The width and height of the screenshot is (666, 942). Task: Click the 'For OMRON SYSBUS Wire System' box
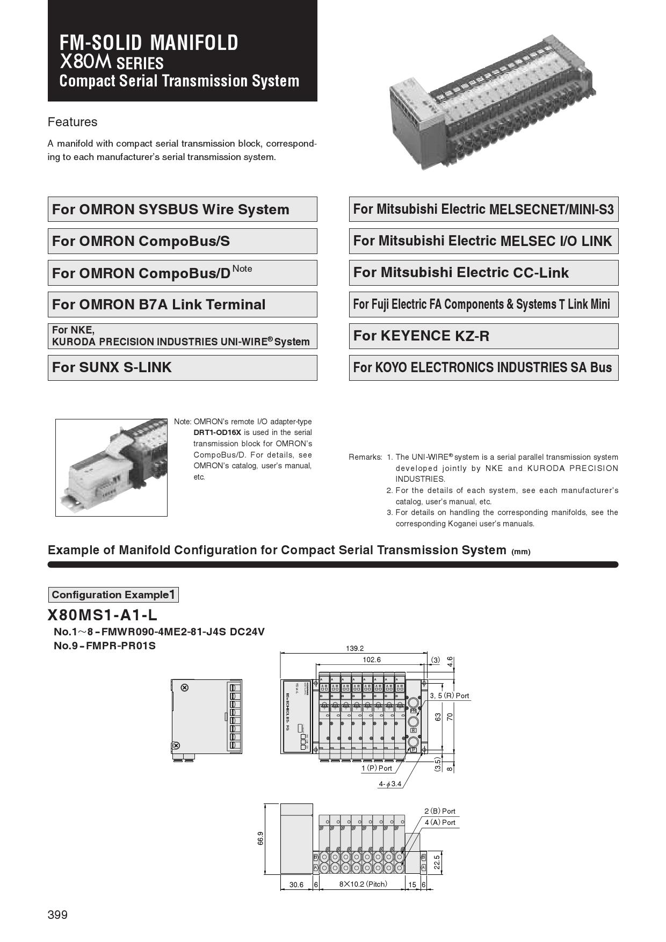tap(182, 209)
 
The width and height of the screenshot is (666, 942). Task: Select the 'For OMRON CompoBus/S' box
tap(182, 241)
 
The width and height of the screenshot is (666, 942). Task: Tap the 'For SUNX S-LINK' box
tap(182, 368)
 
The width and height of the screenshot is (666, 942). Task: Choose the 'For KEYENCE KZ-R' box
tap(483, 336)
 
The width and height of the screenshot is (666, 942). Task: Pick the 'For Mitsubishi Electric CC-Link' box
tap(483, 273)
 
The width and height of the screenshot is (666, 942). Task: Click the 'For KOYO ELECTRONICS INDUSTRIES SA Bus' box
tap(483, 368)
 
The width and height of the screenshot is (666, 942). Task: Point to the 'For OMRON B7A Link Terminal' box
tap(182, 305)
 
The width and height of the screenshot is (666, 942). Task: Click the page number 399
tap(57, 915)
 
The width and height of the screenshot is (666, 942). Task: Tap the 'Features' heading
tap(73, 122)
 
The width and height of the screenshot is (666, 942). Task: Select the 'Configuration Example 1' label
tap(113, 595)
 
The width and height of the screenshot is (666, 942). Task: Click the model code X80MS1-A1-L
tap(103, 615)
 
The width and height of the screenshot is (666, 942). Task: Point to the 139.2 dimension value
tap(354, 648)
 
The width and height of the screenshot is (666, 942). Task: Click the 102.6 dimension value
tap(372, 660)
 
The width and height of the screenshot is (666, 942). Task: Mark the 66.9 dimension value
tap(260, 838)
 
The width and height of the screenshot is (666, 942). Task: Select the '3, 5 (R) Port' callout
tap(450, 695)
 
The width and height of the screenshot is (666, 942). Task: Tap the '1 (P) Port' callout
tap(377, 768)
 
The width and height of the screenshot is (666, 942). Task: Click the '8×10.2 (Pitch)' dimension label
tap(363, 883)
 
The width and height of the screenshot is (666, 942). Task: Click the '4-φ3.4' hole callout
tap(390, 784)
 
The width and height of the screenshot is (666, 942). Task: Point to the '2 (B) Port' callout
tap(439, 811)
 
